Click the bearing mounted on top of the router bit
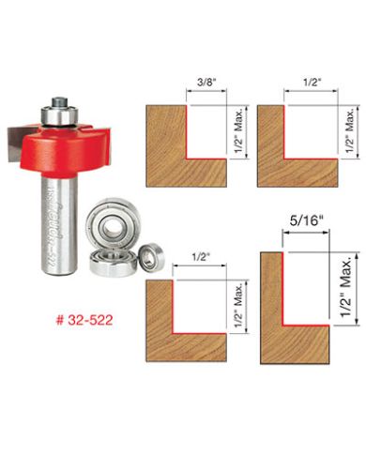[x=58, y=112]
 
